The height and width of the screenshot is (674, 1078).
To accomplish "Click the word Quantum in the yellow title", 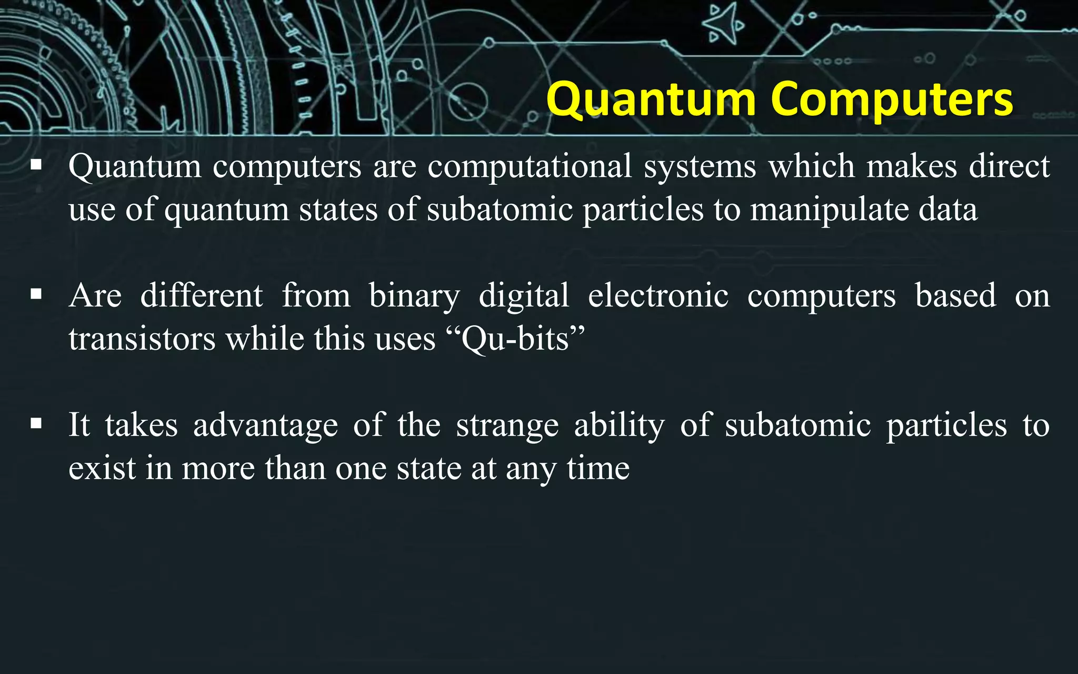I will pos(651,100).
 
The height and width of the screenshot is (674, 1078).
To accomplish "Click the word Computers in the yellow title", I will pos(892,100).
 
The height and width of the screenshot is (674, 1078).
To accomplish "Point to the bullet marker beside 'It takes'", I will pos(36,423).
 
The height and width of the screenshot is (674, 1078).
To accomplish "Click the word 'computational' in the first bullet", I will pos(530,166).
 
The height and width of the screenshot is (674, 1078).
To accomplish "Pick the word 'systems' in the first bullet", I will pos(700,166).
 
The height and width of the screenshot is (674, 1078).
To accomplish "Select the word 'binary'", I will pos(414,296).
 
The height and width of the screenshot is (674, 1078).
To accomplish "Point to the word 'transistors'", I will pos(142,339).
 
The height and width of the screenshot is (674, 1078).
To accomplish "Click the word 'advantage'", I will pos(265,425).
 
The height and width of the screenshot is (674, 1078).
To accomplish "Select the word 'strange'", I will pos(507,425).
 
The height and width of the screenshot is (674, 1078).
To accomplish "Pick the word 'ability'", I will pos(619,425).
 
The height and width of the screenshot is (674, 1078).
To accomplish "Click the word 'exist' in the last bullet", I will pos(102,468).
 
